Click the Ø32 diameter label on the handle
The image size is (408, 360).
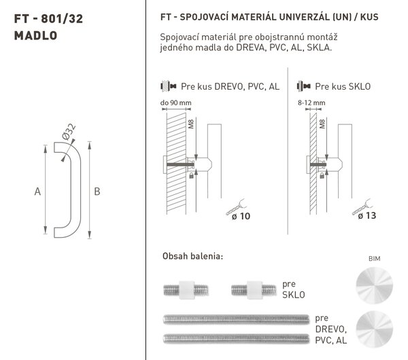(x=69, y=132)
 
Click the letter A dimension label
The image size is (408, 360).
(x=37, y=192)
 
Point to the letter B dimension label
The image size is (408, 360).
(x=97, y=192)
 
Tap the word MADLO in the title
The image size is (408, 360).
(x=35, y=35)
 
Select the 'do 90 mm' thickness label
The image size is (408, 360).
(x=175, y=103)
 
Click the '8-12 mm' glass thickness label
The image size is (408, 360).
(x=311, y=103)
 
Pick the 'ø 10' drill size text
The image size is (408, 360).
(x=241, y=216)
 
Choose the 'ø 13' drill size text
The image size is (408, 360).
(x=367, y=215)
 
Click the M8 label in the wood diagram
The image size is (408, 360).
(x=191, y=124)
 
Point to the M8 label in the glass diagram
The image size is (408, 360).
(x=322, y=124)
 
